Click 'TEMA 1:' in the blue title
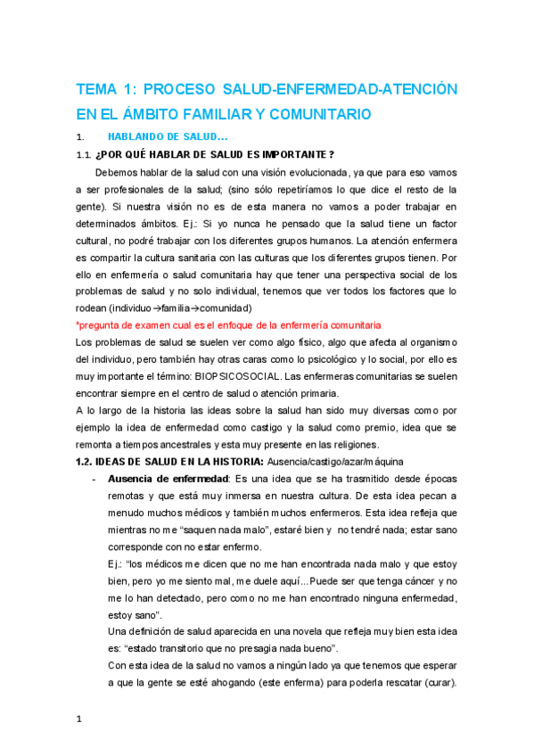(104, 90)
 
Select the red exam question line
(228, 325)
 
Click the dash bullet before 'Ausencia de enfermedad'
(94, 479)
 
